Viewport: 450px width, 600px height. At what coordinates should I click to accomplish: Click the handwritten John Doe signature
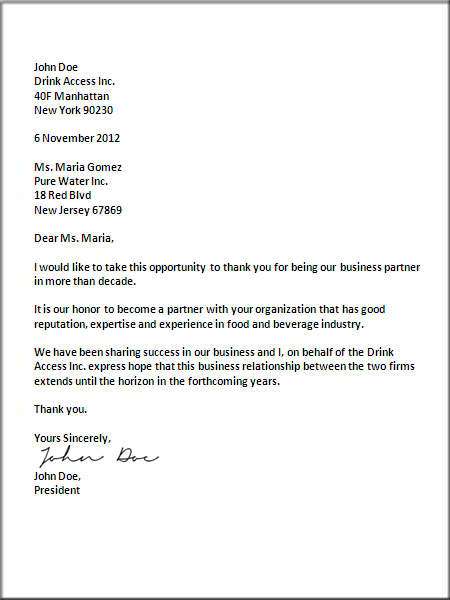[x=98, y=458]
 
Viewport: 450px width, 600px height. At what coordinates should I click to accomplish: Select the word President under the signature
[x=57, y=491]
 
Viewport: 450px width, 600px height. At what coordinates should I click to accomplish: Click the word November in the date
[x=67, y=138]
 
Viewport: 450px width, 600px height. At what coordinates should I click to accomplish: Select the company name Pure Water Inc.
[x=71, y=181]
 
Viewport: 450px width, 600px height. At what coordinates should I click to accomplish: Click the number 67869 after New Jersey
[x=105, y=210]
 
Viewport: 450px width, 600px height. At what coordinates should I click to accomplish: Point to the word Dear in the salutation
[x=47, y=239]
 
